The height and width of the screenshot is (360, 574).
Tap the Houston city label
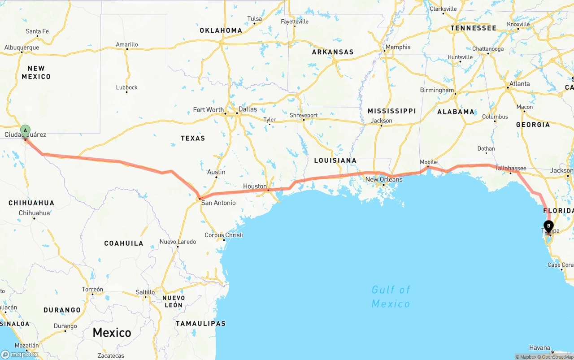(x=255, y=186)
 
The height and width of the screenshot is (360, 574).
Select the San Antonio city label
(x=218, y=203)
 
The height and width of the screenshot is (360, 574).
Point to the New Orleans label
(x=384, y=179)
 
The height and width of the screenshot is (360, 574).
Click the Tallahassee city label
(x=510, y=168)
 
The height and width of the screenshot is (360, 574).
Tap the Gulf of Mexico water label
(x=391, y=297)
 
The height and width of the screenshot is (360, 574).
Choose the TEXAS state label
(x=193, y=138)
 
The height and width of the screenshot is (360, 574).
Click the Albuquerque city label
(x=22, y=48)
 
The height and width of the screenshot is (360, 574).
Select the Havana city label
(x=539, y=347)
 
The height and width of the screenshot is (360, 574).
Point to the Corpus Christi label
(x=223, y=235)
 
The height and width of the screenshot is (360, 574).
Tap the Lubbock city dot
(x=127, y=92)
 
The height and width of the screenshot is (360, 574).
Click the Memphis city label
(x=398, y=47)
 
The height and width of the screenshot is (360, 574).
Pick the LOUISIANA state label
(x=335, y=160)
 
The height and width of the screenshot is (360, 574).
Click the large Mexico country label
(x=112, y=333)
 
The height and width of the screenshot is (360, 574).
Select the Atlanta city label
(x=519, y=84)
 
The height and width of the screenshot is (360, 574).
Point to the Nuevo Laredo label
(x=178, y=242)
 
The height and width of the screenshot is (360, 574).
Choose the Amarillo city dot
(x=127, y=49)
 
